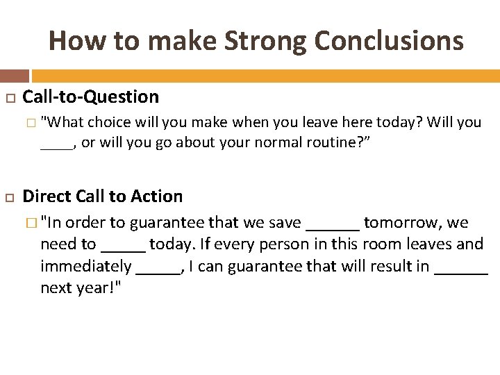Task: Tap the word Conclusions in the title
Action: click(x=389, y=41)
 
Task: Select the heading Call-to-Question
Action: click(x=91, y=97)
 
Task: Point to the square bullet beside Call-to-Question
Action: click(x=10, y=98)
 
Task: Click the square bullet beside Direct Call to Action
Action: click(x=10, y=197)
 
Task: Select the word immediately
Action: click(x=85, y=267)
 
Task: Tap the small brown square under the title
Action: click(x=15, y=76)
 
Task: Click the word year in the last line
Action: click(x=88, y=288)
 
